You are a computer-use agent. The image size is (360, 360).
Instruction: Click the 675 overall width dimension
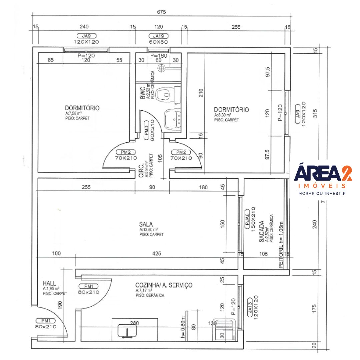(x=161, y=12)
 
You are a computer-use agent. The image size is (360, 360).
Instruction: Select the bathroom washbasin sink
(x=173, y=120)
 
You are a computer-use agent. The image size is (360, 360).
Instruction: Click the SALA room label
(x=146, y=224)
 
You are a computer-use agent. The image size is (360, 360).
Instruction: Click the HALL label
(x=49, y=283)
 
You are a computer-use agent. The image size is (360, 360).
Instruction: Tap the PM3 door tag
(x=146, y=131)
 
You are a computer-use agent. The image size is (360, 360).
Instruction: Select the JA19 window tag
(x=158, y=36)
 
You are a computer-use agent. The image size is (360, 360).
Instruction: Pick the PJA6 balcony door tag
(x=247, y=219)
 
